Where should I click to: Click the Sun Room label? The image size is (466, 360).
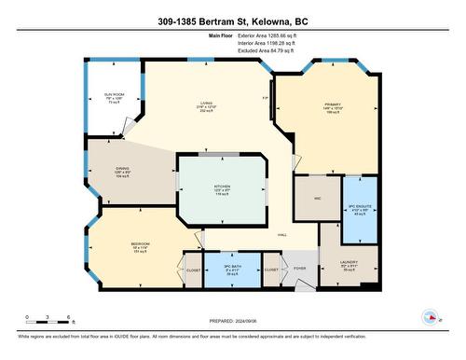click(114, 94)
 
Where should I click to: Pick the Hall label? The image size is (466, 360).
click(281, 235)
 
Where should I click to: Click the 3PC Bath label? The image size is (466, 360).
click(232, 268)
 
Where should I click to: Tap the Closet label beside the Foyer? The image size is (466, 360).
click(270, 270)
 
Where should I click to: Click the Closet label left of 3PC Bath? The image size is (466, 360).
click(193, 269)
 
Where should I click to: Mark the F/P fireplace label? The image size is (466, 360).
click(266, 98)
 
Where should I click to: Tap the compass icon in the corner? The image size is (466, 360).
click(431, 316)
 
